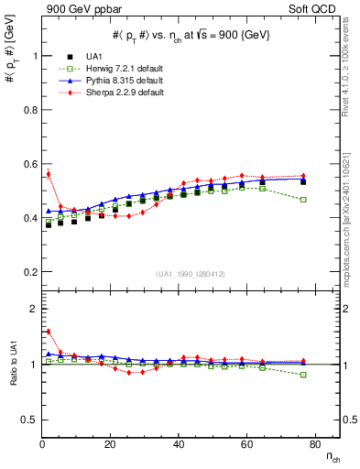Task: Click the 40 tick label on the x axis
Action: (x=178, y=444)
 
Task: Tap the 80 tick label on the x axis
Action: (x=313, y=444)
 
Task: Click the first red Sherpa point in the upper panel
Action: (x=48, y=173)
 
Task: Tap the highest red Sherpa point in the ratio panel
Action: (x=48, y=332)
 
